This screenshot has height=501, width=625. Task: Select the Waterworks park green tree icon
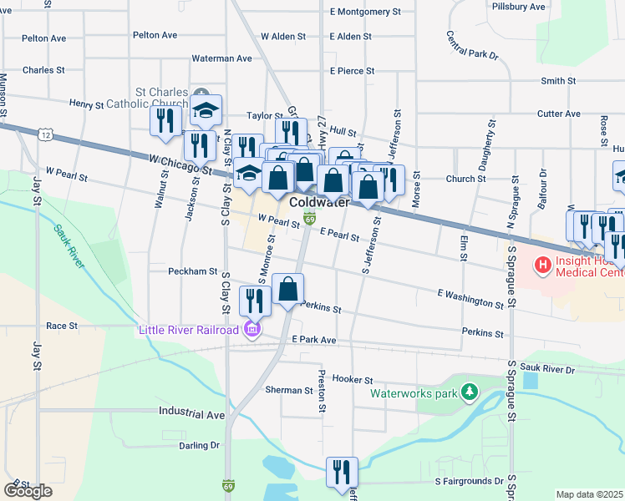tap(470, 392)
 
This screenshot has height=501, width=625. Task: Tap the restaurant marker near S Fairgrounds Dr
tap(342, 471)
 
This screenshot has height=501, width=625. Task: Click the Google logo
tap(28, 491)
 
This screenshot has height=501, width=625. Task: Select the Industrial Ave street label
tap(192, 413)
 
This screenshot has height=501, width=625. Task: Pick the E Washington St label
tap(470, 299)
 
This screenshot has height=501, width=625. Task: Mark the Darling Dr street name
tap(198, 445)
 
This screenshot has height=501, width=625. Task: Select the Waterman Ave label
tap(221, 58)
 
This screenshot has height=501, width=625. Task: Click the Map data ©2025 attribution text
tap(590, 494)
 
